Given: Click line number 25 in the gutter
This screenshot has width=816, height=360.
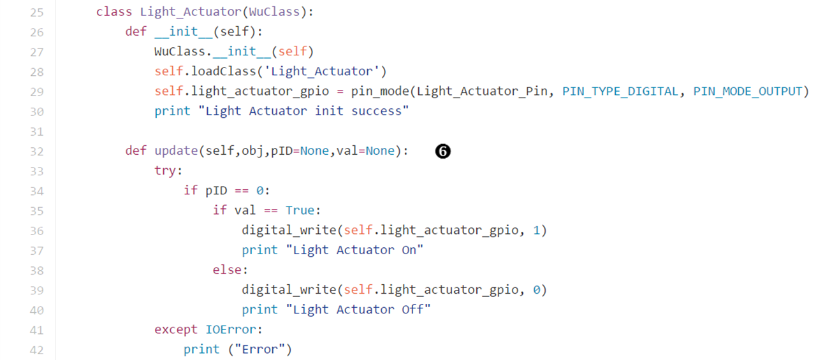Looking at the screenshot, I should pos(36,12).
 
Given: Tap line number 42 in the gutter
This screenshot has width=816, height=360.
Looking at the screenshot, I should pos(36,349).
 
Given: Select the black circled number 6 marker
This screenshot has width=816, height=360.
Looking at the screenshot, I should pos(443,151).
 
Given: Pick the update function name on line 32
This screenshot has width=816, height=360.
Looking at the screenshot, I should pos(176,151).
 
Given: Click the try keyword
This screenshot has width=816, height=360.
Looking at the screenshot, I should pos(168,171).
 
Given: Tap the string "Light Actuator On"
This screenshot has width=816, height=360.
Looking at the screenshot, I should pos(354,250).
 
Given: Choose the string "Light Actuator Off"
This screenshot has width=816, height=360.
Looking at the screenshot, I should pos(358,310).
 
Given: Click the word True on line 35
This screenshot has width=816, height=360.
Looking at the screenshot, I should pos(300,210).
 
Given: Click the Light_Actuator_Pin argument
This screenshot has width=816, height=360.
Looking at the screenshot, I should pos(482,91).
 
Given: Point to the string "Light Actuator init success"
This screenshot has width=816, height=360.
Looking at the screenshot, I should pos(303,111).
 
